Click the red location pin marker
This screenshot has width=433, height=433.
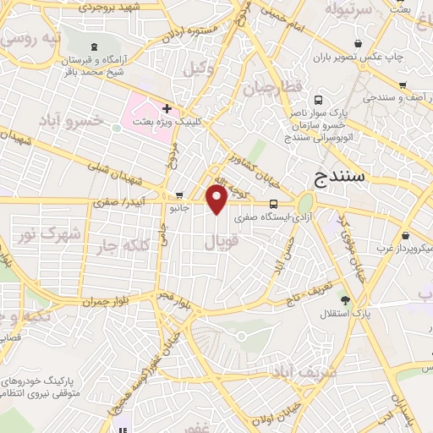[x=217, y=199]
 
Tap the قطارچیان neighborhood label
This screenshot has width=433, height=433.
[x=272, y=89]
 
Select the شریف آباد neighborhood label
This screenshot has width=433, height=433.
[x=329, y=370]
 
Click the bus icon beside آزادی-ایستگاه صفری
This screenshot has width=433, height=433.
[x=273, y=204]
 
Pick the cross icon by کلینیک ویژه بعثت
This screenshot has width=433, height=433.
[x=168, y=108]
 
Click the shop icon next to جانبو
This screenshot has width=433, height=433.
[x=178, y=195]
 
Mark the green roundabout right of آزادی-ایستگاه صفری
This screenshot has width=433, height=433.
[x=304, y=203]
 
